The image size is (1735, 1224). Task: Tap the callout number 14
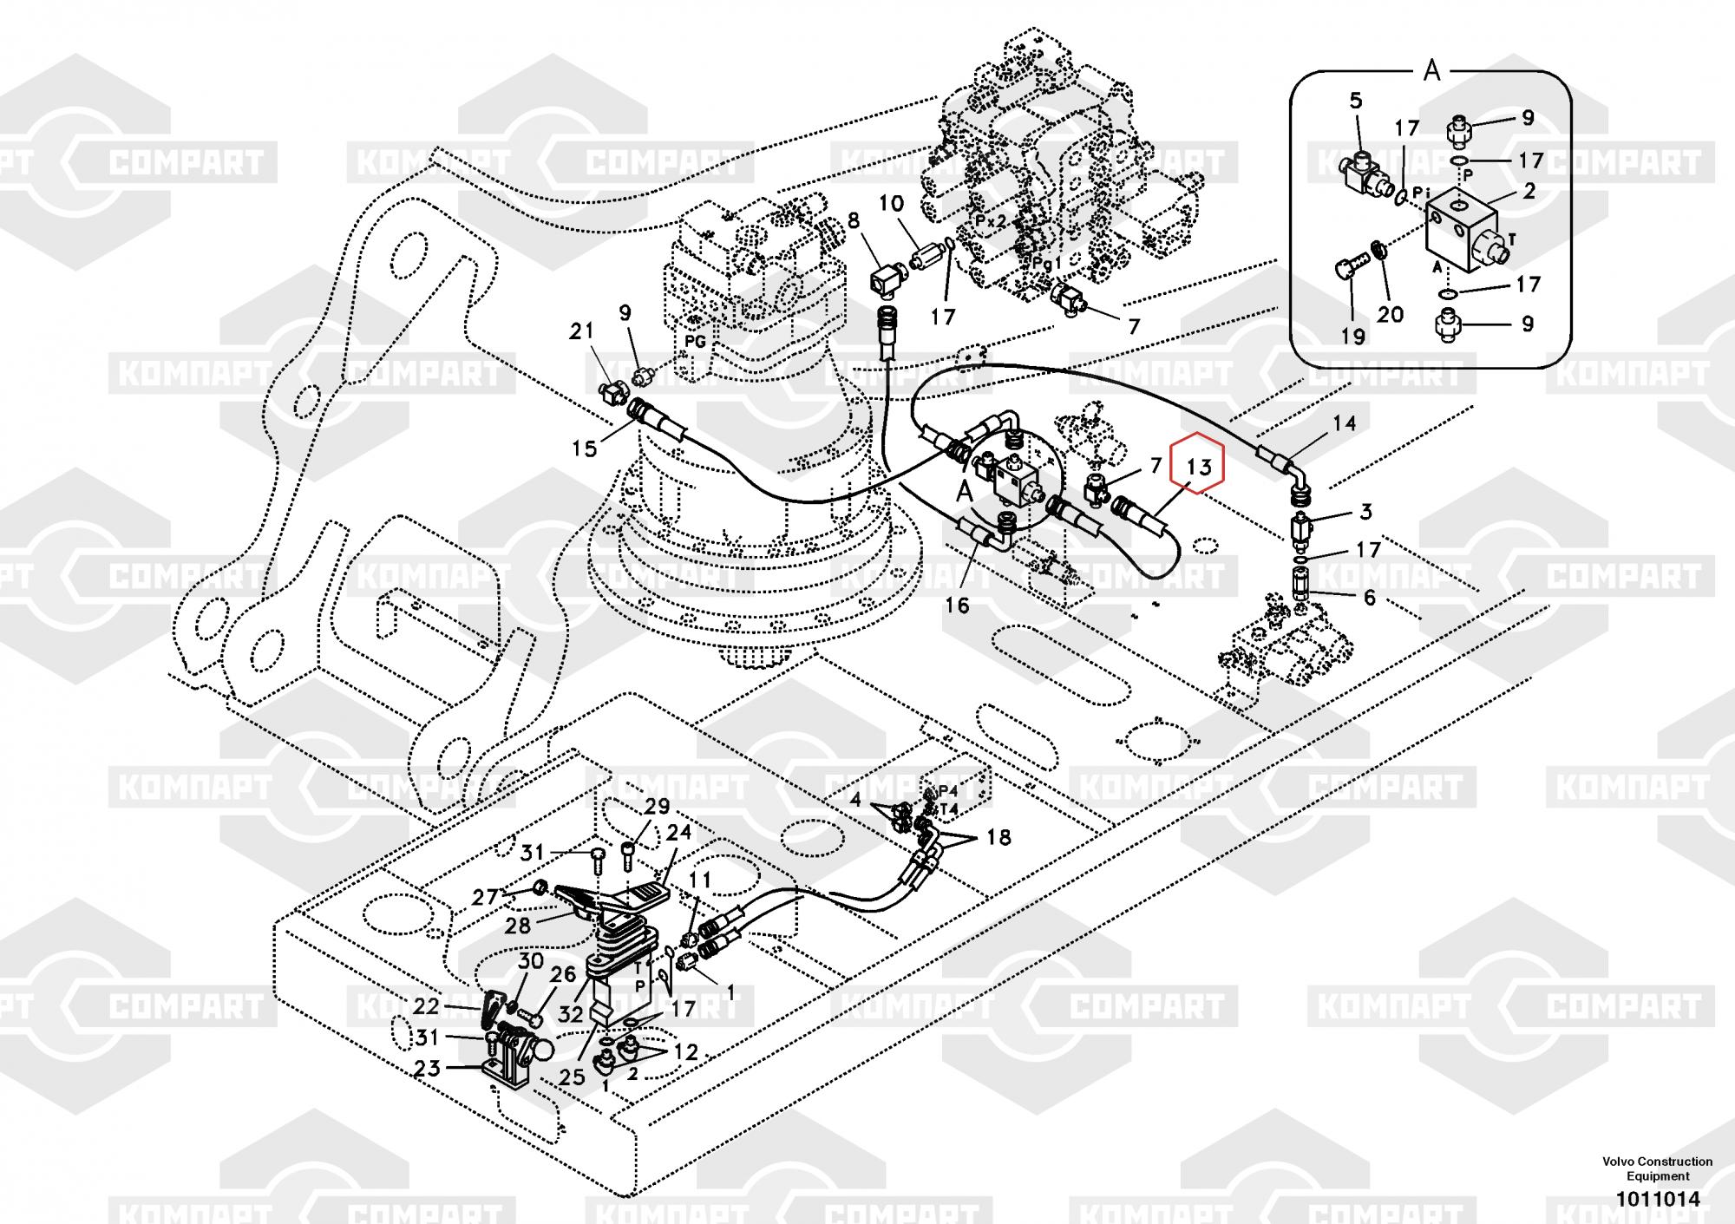click(1344, 423)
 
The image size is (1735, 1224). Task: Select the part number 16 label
click(957, 605)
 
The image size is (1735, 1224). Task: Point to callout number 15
click(585, 448)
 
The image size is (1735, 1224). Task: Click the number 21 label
click(581, 331)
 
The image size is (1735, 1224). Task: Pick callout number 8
click(854, 221)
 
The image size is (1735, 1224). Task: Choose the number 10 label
click(891, 204)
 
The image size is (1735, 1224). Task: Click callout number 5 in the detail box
click(1356, 101)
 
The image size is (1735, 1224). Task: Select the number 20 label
click(1390, 314)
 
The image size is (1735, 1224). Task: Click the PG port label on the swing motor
click(694, 342)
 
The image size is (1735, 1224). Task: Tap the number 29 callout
click(657, 807)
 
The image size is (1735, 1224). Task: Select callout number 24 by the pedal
click(678, 832)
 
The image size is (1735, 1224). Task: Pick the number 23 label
click(428, 1069)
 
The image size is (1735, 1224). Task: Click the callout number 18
click(998, 837)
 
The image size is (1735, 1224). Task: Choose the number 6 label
click(1369, 598)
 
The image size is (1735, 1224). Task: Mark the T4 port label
click(948, 809)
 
